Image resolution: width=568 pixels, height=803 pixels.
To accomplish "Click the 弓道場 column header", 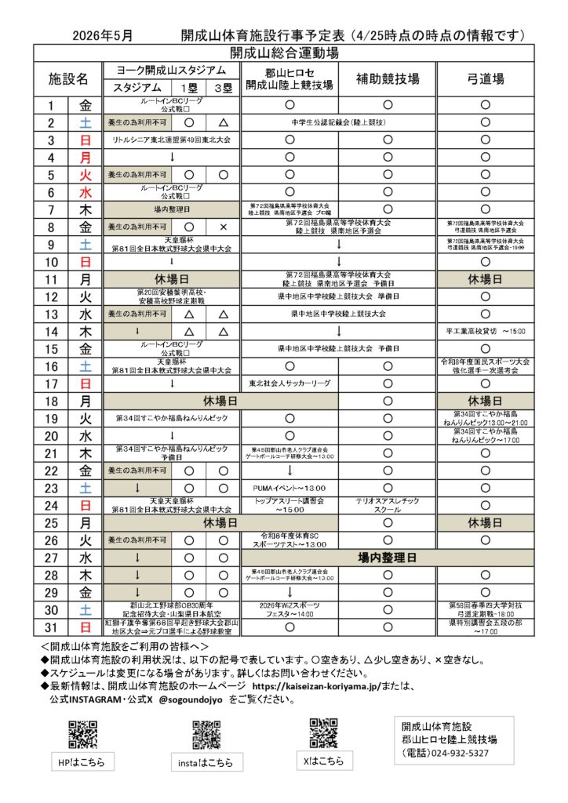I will [485, 78].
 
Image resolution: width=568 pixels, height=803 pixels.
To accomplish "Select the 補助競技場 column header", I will [388, 78].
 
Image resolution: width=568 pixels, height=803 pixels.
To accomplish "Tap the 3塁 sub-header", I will [224, 88].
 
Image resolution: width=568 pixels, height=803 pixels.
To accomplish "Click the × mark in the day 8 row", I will [224, 227].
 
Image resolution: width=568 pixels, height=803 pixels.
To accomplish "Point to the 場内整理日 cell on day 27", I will [388, 558].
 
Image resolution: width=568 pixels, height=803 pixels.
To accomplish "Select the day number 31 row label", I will [51, 627].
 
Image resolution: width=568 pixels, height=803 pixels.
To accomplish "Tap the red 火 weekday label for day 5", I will [86, 175].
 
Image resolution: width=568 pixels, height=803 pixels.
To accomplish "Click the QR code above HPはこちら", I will [82, 734].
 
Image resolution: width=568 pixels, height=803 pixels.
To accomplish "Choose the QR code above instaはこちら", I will [206, 734].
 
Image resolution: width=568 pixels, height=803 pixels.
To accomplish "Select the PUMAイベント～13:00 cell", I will [289, 488].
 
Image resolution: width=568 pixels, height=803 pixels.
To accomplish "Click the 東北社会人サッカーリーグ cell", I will [289, 384].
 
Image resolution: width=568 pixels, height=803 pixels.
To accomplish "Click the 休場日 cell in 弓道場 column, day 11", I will [485, 278].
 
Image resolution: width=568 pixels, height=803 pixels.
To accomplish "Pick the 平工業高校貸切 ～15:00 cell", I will [485, 331].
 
